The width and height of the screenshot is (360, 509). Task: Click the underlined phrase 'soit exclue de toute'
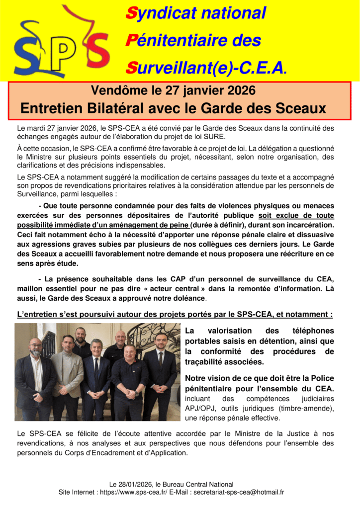296,215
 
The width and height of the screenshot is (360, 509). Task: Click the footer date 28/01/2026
135,484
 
